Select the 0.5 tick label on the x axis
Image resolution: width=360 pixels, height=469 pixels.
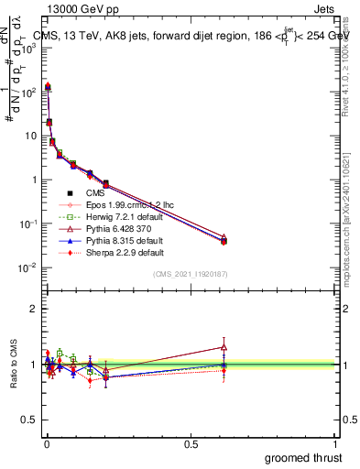coord(191,443)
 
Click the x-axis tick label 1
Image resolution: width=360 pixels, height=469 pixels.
coord(336,443)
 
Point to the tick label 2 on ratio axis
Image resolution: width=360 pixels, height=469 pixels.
coord(31,309)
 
